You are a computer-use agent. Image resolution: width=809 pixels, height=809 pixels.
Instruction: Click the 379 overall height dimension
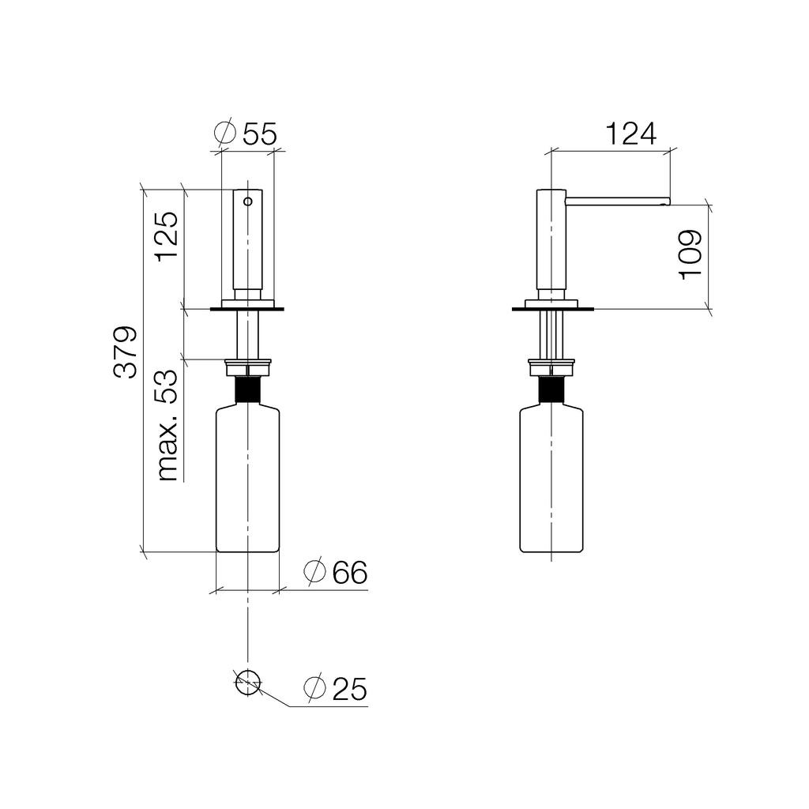(126, 352)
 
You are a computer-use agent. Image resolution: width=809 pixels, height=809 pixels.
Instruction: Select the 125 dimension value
(167, 237)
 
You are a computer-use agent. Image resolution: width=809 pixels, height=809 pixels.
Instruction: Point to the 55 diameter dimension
(259, 134)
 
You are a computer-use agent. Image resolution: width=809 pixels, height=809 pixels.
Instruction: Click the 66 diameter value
(350, 572)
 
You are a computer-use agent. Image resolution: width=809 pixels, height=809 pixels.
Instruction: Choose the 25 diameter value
(350, 689)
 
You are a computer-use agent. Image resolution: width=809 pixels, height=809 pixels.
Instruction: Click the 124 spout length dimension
(630, 134)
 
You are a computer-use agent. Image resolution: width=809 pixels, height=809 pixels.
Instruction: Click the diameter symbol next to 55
(224, 133)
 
